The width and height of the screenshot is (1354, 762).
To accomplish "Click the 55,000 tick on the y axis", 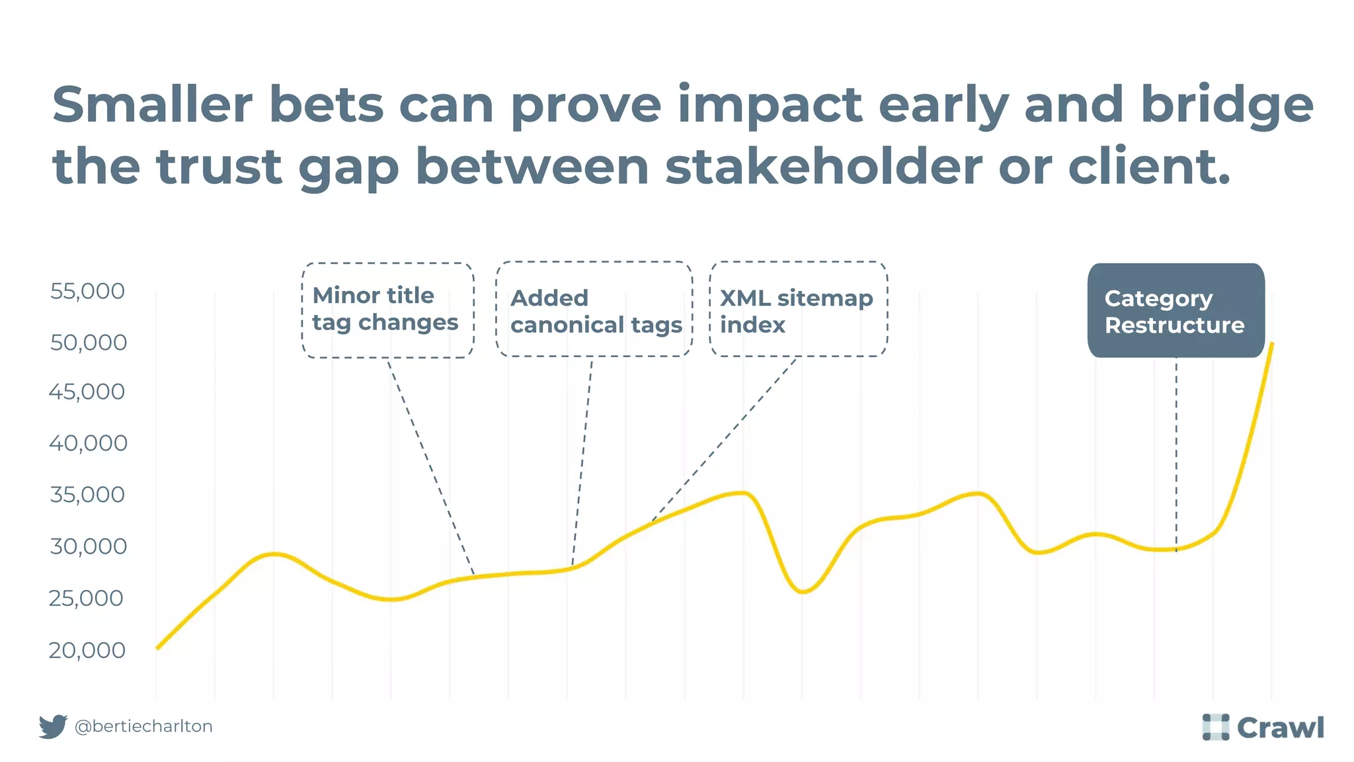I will click(87, 291).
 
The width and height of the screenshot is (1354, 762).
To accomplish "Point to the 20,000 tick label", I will click(87, 650).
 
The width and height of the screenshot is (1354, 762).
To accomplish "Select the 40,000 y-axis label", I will click(88, 443).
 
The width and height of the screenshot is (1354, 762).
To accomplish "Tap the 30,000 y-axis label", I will click(88, 546).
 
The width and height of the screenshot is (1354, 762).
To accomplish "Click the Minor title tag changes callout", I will click(387, 310).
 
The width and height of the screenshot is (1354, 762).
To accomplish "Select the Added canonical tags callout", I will click(594, 310).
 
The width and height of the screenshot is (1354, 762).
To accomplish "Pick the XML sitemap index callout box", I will click(798, 310).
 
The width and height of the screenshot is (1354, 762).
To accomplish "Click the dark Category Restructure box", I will click(1175, 311).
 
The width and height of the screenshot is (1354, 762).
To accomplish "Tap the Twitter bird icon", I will click(53, 726).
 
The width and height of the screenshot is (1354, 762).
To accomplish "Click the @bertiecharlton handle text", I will click(143, 726).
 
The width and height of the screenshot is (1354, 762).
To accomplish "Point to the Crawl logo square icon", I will click(1215, 727).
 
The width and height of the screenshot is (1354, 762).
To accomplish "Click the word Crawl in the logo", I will click(1280, 728).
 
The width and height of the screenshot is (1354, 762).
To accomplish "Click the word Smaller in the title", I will click(152, 105).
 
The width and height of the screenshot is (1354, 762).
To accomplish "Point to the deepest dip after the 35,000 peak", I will click(802, 591).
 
